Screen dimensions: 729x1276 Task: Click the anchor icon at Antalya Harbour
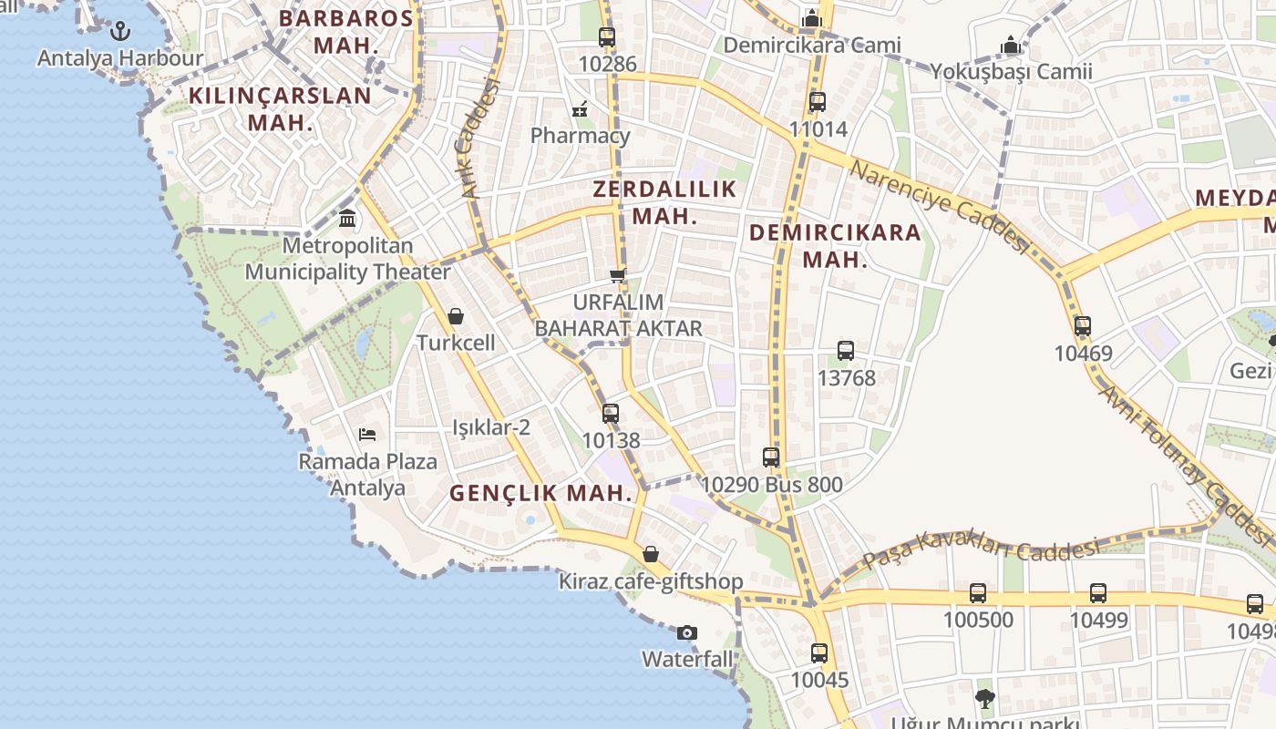tap(120, 32)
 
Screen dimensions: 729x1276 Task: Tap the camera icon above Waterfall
tap(687, 632)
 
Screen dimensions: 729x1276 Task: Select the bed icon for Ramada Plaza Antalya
tap(367, 435)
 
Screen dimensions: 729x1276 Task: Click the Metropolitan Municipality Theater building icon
tap(347, 219)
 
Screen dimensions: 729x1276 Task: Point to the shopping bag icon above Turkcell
tap(456, 316)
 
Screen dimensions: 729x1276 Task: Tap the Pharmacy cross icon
tap(580, 110)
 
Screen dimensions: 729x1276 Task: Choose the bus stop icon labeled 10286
tap(607, 37)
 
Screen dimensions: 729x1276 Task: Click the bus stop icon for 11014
tap(818, 102)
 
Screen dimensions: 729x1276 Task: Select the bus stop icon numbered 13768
tap(846, 351)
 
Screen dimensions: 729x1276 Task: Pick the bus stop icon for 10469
tap(1083, 326)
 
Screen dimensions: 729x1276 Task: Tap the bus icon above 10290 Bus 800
tap(771, 457)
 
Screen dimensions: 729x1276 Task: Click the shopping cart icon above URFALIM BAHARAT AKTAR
tap(618, 275)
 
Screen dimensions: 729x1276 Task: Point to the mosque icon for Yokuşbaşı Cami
tap(1010, 45)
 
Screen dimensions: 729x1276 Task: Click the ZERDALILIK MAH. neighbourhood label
tap(664, 202)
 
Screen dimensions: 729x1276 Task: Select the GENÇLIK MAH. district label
tap(540, 493)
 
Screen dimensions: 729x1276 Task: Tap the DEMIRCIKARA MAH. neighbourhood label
tap(835, 245)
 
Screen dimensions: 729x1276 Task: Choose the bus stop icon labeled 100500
tap(978, 593)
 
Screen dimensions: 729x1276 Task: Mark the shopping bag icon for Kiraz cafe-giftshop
tap(651, 554)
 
